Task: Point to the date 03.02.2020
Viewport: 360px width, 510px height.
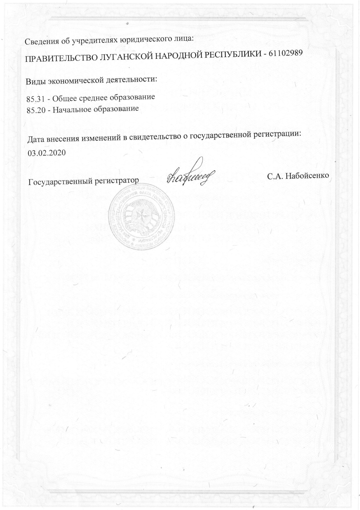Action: pos(46,153)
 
